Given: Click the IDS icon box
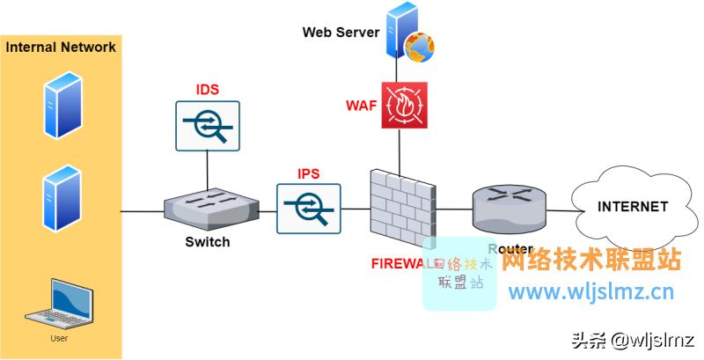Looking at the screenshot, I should [208, 125].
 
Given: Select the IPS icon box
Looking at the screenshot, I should [308, 208].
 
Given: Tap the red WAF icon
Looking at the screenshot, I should [404, 106].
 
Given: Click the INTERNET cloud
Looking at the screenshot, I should [631, 208].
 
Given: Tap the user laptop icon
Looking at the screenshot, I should [60, 305].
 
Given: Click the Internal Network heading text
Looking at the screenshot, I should [61, 48].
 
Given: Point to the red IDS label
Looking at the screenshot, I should [207, 90].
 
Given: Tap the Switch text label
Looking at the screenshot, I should [208, 242].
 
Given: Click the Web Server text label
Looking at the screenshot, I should [341, 33].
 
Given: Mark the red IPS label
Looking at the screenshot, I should [308, 173].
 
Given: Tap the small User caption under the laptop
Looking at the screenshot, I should [59, 337].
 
